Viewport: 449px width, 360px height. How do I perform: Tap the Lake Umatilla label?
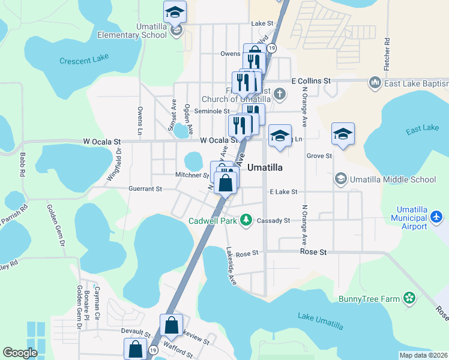click(321, 321)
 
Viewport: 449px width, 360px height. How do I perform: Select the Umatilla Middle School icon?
click(340, 179)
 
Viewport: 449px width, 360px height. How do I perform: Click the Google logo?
click(20, 352)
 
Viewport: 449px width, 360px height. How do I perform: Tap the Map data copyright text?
click(423, 355)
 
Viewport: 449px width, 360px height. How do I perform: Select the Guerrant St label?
click(145, 188)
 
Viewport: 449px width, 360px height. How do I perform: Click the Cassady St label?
click(273, 221)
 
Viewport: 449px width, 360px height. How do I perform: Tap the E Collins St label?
click(311, 80)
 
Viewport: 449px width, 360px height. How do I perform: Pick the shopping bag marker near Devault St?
click(171, 326)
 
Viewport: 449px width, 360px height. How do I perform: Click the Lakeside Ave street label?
click(232, 266)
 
